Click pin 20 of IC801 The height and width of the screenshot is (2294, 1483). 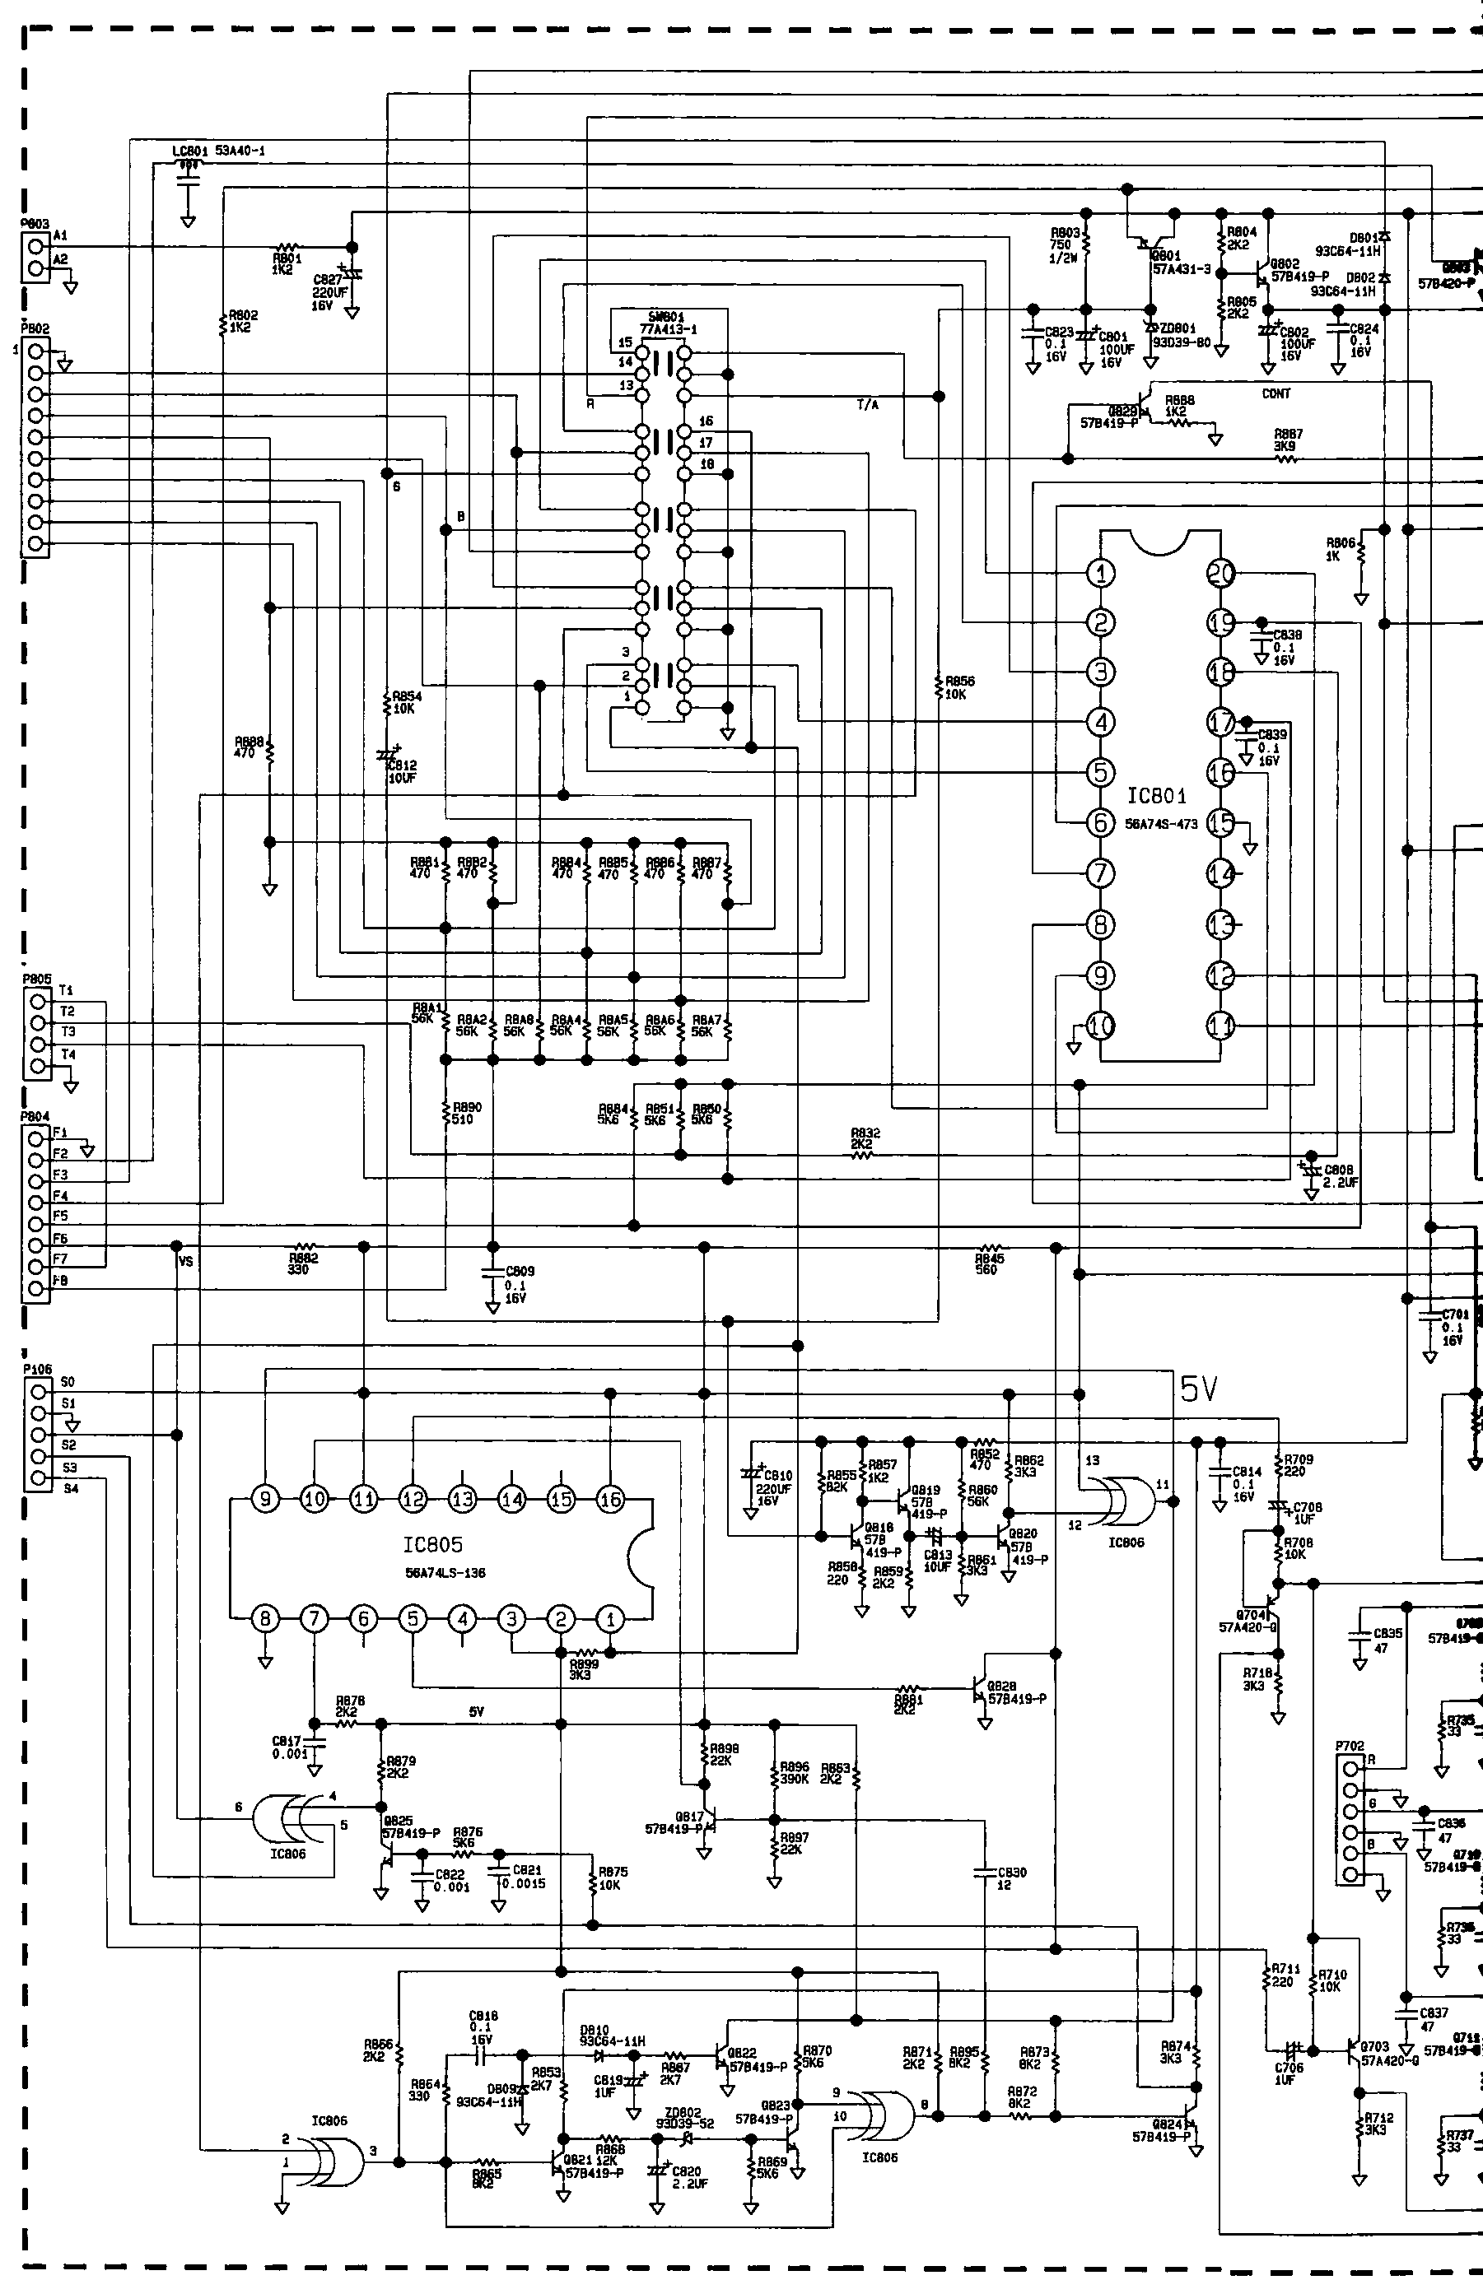pyautogui.click(x=1220, y=574)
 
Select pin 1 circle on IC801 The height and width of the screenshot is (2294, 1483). pyautogui.click(x=1101, y=574)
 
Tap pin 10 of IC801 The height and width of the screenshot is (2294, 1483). pyautogui.click(x=1101, y=1026)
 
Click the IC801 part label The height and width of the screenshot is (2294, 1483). pyautogui.click(x=1158, y=796)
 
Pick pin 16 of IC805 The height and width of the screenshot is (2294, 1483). pyautogui.click(x=609, y=1499)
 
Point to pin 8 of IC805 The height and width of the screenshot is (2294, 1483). pyautogui.click(x=265, y=1619)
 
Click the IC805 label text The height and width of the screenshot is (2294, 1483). pyautogui.click(x=432, y=1544)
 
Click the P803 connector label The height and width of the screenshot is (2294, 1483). pyautogui.click(x=35, y=223)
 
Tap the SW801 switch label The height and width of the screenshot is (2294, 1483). pyautogui.click(x=666, y=317)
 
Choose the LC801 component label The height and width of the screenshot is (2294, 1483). pyautogui.click(x=189, y=151)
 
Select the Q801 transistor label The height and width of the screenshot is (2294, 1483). pyautogui.click(x=1166, y=256)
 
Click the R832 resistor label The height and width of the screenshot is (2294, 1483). pyautogui.click(x=865, y=1134)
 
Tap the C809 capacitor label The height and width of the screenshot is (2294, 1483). pyautogui.click(x=520, y=1271)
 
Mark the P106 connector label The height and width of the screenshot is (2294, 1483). pyautogui.click(x=36, y=1369)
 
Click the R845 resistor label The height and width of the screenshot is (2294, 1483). pyautogui.click(x=989, y=1259)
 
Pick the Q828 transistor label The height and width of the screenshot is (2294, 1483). pyautogui.click(x=1001, y=1686)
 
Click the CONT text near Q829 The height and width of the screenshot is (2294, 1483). pyautogui.click(x=1276, y=393)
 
